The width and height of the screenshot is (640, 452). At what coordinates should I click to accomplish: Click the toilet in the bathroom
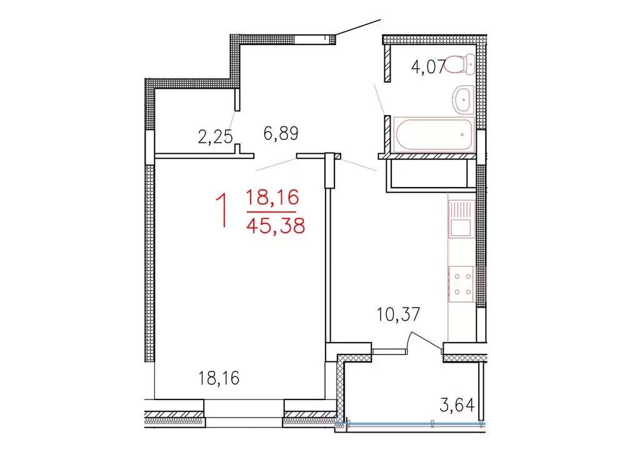[464, 63]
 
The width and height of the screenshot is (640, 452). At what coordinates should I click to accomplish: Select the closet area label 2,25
[215, 136]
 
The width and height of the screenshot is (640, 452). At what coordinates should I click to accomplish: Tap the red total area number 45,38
[276, 225]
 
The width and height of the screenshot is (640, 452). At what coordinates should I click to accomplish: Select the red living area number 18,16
[273, 199]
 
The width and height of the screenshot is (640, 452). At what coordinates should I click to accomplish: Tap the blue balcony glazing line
[412, 423]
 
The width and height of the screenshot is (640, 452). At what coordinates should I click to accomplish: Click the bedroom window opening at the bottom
[244, 413]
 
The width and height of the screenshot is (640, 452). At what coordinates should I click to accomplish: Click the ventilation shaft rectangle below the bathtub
[431, 173]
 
